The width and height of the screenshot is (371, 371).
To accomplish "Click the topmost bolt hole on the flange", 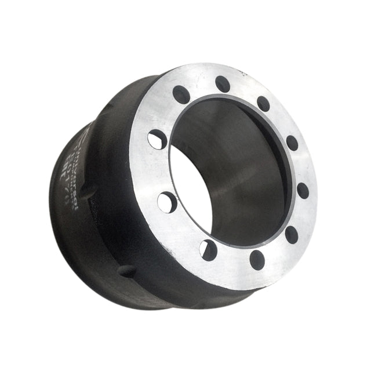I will (223, 84).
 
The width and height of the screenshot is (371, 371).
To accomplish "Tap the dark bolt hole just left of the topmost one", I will (181, 94).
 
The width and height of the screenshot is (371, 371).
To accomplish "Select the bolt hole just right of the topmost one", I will (264, 104).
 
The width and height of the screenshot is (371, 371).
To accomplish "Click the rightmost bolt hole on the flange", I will (303, 190).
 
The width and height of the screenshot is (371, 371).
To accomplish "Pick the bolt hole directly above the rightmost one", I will (292, 143).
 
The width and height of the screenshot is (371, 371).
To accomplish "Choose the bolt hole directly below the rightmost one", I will (292, 235).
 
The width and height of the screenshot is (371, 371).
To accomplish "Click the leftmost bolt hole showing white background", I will (157, 140).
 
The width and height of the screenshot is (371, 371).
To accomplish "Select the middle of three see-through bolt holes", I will (168, 202).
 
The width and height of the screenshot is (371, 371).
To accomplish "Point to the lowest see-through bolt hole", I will (208, 250).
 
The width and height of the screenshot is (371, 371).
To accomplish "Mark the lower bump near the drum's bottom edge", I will (126, 271).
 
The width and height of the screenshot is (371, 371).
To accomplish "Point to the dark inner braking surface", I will (243, 174).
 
